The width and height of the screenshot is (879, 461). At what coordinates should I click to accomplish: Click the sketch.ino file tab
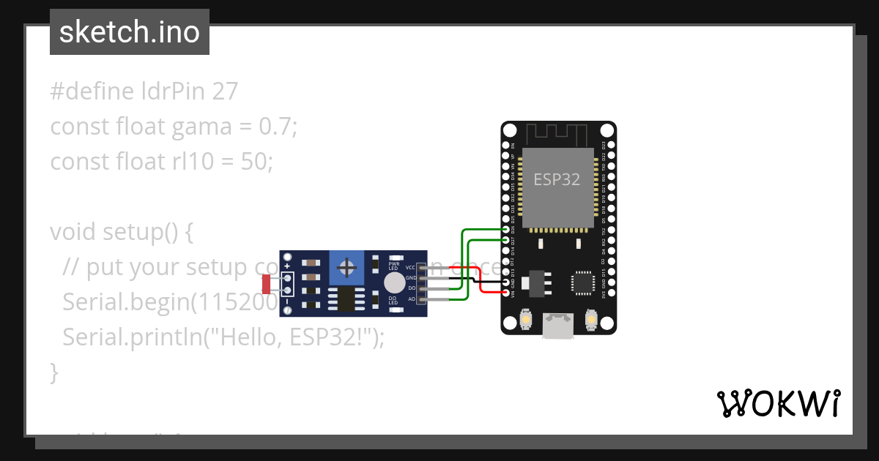(x=130, y=32)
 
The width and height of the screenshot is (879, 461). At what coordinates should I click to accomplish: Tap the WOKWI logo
(x=778, y=404)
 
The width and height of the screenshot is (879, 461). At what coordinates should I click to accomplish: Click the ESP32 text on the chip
(x=557, y=179)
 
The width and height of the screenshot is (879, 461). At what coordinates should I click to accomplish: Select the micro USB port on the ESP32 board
(x=558, y=326)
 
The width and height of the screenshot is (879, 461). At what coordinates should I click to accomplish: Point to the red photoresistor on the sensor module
(x=267, y=284)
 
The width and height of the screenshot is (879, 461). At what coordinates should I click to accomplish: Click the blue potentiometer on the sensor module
(x=346, y=269)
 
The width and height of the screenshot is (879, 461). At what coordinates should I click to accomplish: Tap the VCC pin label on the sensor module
(x=411, y=268)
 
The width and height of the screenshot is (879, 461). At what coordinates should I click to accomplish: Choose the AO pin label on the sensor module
(x=411, y=299)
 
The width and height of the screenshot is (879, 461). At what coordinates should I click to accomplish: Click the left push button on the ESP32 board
(x=525, y=320)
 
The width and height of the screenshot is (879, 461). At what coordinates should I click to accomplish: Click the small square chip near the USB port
(x=583, y=282)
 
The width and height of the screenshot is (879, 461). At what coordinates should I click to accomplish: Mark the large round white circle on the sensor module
(x=394, y=283)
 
